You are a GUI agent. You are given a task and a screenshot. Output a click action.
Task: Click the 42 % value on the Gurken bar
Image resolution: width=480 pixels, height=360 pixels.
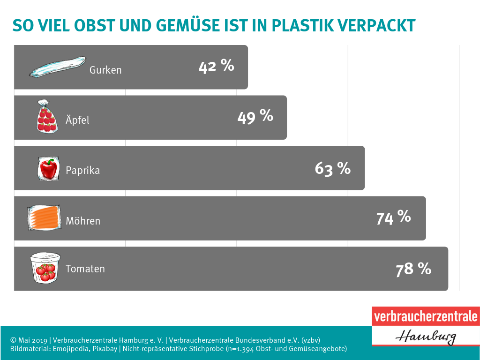pyautogui.click(x=216, y=66)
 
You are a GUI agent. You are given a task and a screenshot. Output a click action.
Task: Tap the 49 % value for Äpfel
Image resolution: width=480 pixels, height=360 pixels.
pyautogui.click(x=255, y=116)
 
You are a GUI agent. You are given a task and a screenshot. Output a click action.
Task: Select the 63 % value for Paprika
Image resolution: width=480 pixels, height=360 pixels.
pyautogui.click(x=332, y=168)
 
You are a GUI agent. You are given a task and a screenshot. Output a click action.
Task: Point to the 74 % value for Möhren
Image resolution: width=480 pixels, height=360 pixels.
pyautogui.click(x=393, y=217)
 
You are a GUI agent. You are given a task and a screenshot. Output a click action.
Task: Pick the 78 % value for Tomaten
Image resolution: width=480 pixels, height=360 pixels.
pyautogui.click(x=413, y=269)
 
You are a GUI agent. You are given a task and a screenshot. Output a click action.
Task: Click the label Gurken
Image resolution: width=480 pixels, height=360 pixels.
pyautogui.click(x=105, y=70)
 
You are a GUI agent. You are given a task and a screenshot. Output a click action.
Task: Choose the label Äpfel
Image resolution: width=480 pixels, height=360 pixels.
pyautogui.click(x=77, y=120)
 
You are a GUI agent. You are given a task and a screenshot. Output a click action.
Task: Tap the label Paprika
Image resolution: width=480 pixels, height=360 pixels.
pyautogui.click(x=82, y=170)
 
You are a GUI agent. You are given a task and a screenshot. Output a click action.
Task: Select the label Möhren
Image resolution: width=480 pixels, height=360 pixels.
pyautogui.click(x=83, y=221)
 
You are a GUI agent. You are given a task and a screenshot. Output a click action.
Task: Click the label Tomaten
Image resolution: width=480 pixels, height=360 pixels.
pyautogui.click(x=85, y=269)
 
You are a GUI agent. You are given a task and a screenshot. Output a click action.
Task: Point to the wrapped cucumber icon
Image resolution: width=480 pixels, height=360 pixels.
pyautogui.click(x=58, y=67)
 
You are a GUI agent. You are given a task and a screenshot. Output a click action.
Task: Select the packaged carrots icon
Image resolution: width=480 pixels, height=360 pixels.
pyautogui.click(x=45, y=218)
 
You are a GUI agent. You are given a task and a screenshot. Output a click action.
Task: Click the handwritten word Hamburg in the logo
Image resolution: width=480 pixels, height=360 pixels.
pyautogui.click(x=425, y=335)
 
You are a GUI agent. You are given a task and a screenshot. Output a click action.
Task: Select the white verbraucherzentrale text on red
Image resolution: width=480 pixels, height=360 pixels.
pyautogui.click(x=426, y=316)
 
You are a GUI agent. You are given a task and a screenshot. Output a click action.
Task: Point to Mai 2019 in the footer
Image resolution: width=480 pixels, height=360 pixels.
pyautogui.click(x=34, y=340)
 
